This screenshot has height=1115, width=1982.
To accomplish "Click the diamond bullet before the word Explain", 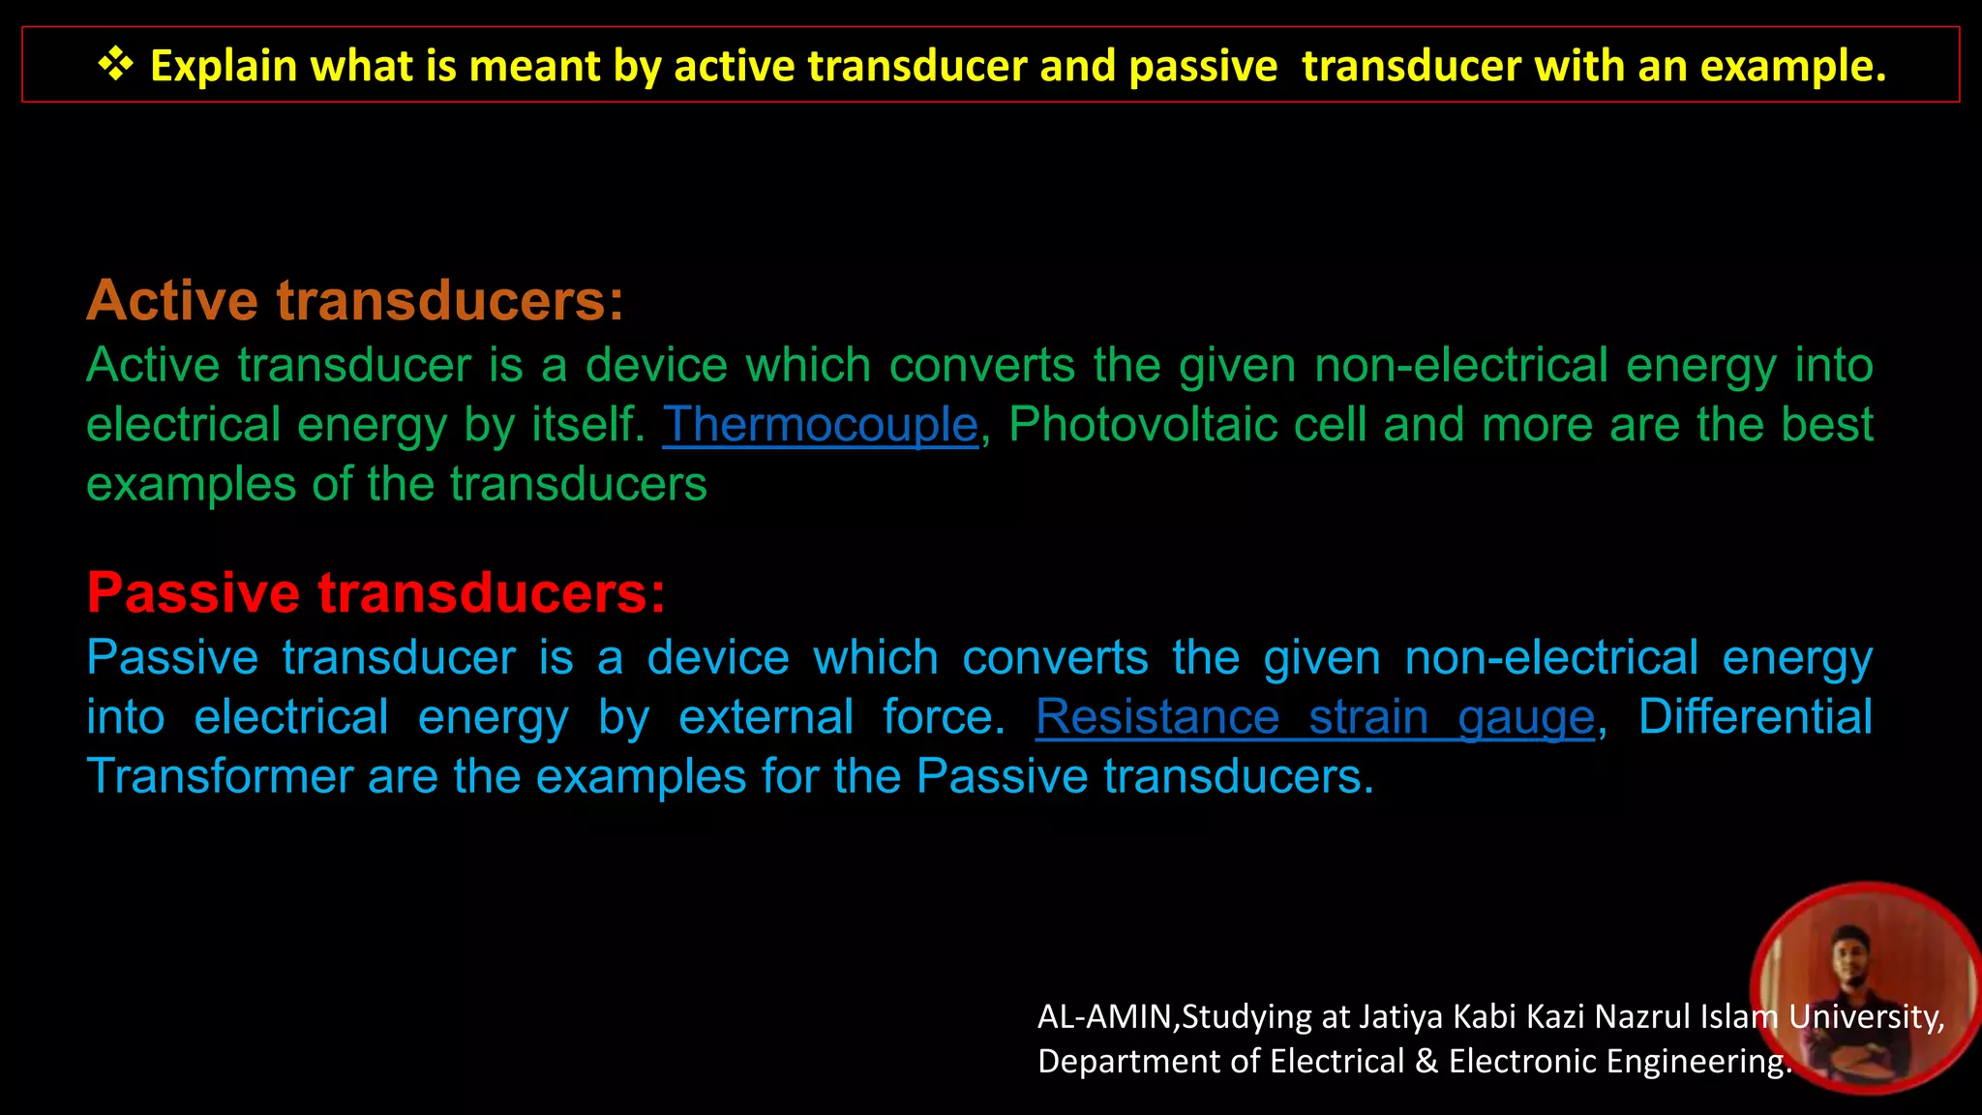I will [x=115, y=65].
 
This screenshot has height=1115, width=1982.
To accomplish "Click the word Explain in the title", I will [x=224, y=67].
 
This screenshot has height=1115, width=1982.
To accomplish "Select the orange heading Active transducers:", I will [x=355, y=300].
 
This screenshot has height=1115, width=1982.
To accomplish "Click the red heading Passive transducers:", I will [x=376, y=592].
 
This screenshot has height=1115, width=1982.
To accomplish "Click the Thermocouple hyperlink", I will [x=820, y=425].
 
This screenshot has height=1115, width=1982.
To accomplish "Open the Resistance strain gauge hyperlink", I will [x=1314, y=717].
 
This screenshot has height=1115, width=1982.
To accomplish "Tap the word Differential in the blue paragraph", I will [x=1755, y=717].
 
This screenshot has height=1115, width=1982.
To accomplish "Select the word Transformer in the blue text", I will [x=220, y=777].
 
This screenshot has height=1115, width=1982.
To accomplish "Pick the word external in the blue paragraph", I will [x=766, y=717].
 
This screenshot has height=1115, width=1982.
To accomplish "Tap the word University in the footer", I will [x=1865, y=1017].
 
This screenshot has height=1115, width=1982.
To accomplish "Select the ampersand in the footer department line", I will [x=1426, y=1062].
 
